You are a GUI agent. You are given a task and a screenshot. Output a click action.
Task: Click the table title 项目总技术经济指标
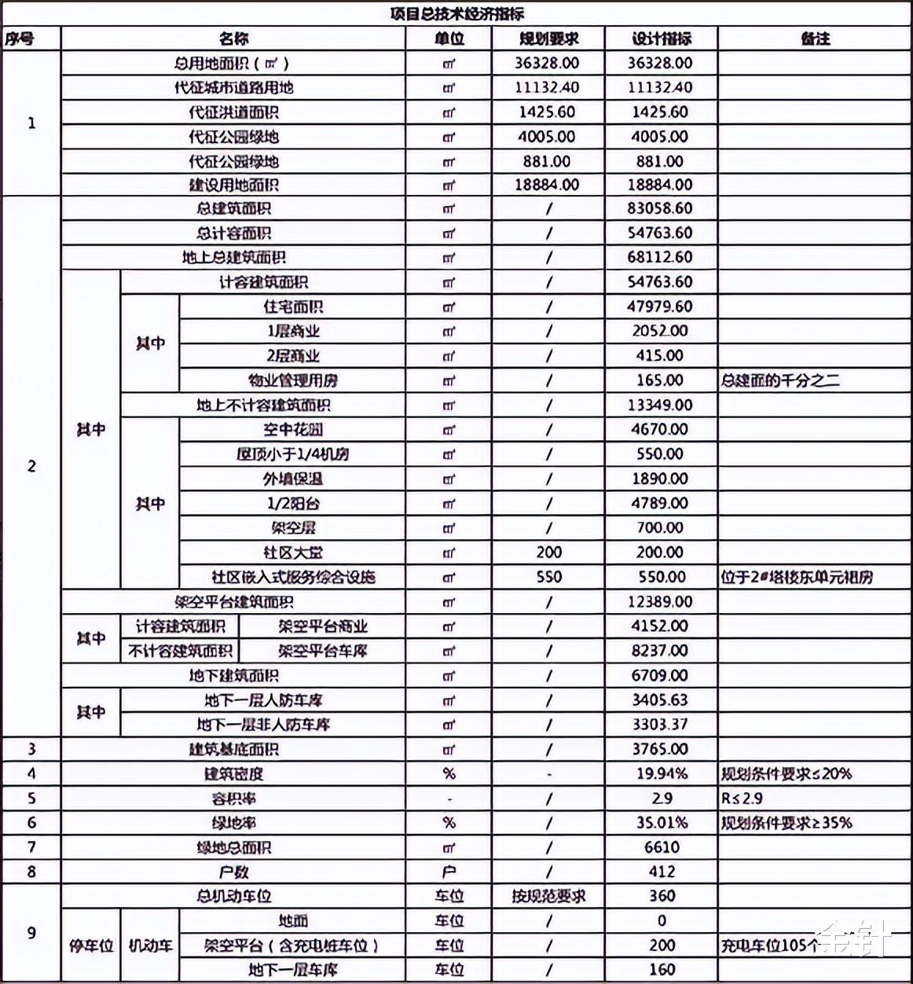(x=456, y=13)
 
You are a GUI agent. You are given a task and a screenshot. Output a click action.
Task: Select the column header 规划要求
(x=548, y=39)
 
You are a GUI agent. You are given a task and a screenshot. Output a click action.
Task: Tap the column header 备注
(x=815, y=39)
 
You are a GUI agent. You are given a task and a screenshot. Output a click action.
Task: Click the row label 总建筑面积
(x=233, y=209)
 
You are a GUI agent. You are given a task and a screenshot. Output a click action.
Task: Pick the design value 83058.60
(x=660, y=209)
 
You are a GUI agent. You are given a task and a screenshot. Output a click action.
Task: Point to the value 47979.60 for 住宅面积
(x=660, y=307)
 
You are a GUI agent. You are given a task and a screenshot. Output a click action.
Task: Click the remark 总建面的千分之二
(x=780, y=380)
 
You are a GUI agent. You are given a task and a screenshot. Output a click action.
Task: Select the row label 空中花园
(x=292, y=430)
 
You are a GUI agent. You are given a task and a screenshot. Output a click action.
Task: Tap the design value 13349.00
(x=660, y=406)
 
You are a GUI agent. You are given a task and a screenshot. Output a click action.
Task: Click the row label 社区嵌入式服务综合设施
(x=292, y=578)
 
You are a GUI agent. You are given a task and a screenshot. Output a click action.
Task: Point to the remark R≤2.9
(x=742, y=799)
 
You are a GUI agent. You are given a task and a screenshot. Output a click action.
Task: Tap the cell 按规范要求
(x=548, y=896)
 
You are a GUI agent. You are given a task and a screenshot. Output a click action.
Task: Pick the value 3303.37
(x=660, y=725)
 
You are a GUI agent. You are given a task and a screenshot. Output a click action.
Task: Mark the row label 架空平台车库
(x=322, y=652)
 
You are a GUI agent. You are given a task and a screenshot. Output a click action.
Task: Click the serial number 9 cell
(x=31, y=933)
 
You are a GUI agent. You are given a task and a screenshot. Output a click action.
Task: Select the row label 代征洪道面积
(x=233, y=112)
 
